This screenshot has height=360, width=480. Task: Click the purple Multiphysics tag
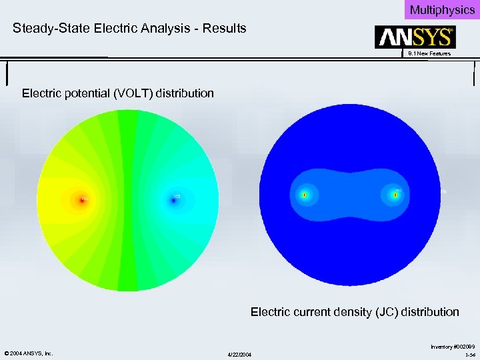[x=442, y=9]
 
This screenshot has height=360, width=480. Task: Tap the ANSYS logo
[x=415, y=37]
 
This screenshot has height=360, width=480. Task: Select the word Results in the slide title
[x=225, y=29]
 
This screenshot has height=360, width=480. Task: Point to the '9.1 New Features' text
[x=429, y=53]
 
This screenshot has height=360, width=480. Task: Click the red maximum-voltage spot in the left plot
[x=83, y=199]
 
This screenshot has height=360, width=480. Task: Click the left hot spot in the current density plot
[x=304, y=195]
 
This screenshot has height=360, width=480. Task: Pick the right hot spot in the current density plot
[x=395, y=195]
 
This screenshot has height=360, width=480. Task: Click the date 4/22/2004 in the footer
[x=239, y=353]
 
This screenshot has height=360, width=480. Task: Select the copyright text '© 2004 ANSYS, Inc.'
[x=28, y=353]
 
